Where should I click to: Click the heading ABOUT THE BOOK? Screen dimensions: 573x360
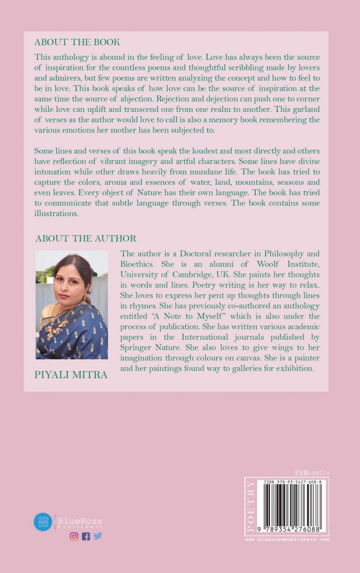tap(77, 42)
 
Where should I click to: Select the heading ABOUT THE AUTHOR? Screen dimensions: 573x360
tap(86, 238)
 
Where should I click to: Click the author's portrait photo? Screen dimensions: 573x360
tap(72, 304)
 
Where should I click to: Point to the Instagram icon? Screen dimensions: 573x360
tap(74, 536)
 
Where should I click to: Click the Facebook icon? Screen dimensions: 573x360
tap(86, 536)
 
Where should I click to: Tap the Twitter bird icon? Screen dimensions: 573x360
tap(97, 536)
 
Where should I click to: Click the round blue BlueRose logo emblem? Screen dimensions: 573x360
tap(43, 522)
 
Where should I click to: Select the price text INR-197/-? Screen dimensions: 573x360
tap(311, 473)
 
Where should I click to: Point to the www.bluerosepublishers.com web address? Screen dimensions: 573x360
tap(287, 539)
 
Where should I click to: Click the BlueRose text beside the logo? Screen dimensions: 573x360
tap(80, 521)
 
